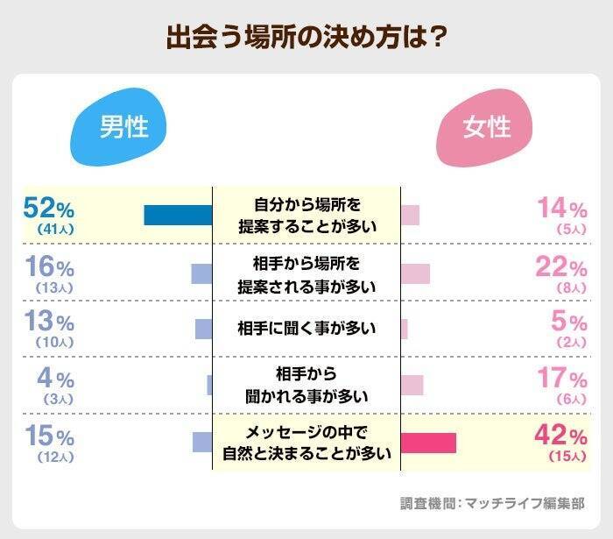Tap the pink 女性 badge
(x=486, y=128)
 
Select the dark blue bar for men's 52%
(x=178, y=215)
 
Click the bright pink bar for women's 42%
(x=428, y=443)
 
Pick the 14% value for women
(x=561, y=209)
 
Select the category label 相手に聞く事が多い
(x=306, y=329)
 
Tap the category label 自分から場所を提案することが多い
(x=306, y=215)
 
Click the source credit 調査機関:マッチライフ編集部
(x=492, y=503)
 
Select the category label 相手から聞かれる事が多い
(x=306, y=386)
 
